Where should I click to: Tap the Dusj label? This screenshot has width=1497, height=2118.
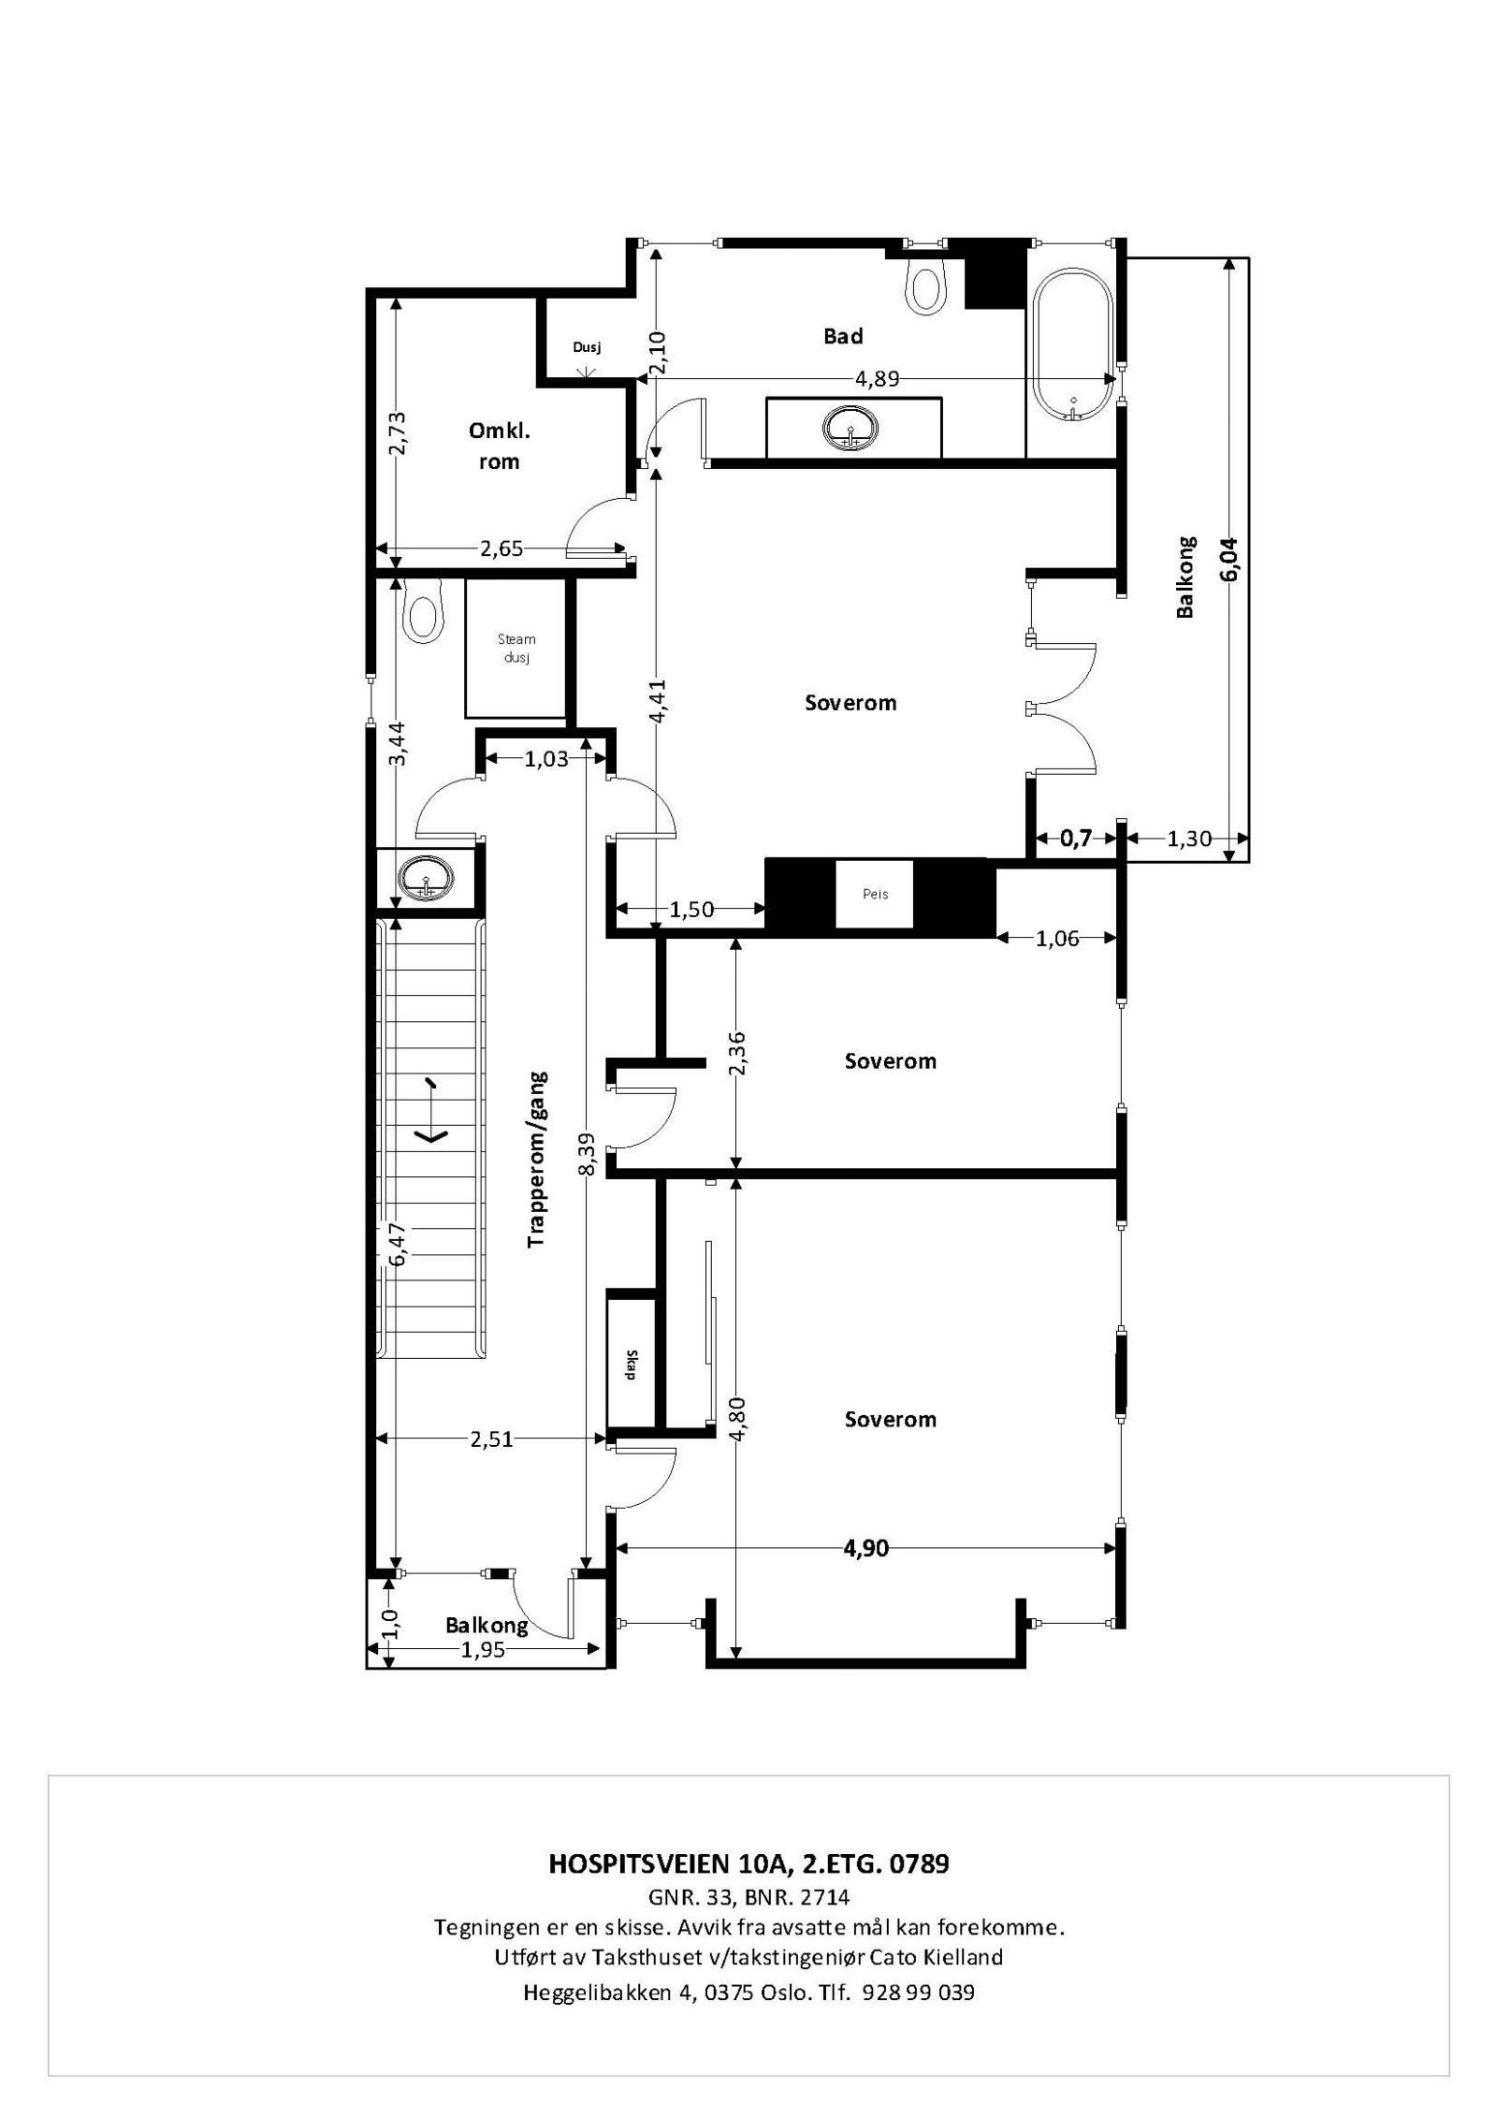(586, 347)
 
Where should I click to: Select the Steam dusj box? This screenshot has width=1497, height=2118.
(516, 647)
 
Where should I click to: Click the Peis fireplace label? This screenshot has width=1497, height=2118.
(874, 894)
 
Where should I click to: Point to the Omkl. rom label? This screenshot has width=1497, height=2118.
(499, 446)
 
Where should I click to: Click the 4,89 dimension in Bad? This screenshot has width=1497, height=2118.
(877, 379)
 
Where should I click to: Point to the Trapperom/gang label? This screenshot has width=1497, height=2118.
(537, 1159)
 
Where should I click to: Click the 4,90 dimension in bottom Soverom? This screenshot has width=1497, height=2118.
(865, 1549)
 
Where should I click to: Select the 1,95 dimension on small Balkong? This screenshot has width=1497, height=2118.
(483, 1650)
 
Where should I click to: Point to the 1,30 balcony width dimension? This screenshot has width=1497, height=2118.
(1189, 839)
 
